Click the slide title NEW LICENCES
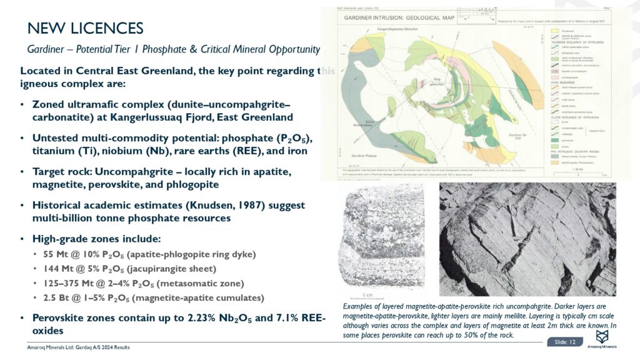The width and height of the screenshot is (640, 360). click(86, 28)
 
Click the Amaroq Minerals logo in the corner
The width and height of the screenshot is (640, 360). click(603, 339)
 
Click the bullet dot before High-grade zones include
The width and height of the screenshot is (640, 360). click(22, 239)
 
